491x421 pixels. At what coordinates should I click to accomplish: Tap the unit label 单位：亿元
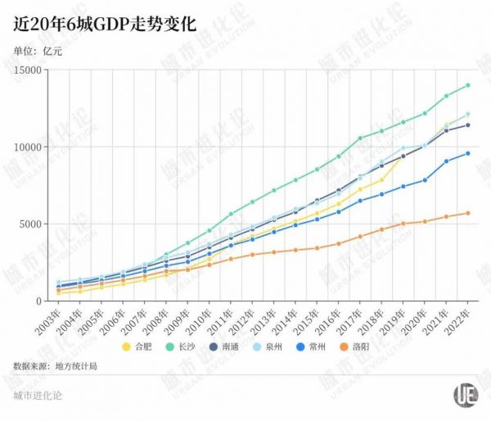(x=38, y=51)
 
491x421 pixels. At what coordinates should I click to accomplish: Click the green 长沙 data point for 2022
(x=468, y=85)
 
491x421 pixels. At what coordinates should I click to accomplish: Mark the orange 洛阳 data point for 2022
(x=468, y=213)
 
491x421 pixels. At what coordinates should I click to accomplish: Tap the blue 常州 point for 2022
(x=468, y=153)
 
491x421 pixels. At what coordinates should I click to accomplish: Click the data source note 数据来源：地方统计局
(x=55, y=365)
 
